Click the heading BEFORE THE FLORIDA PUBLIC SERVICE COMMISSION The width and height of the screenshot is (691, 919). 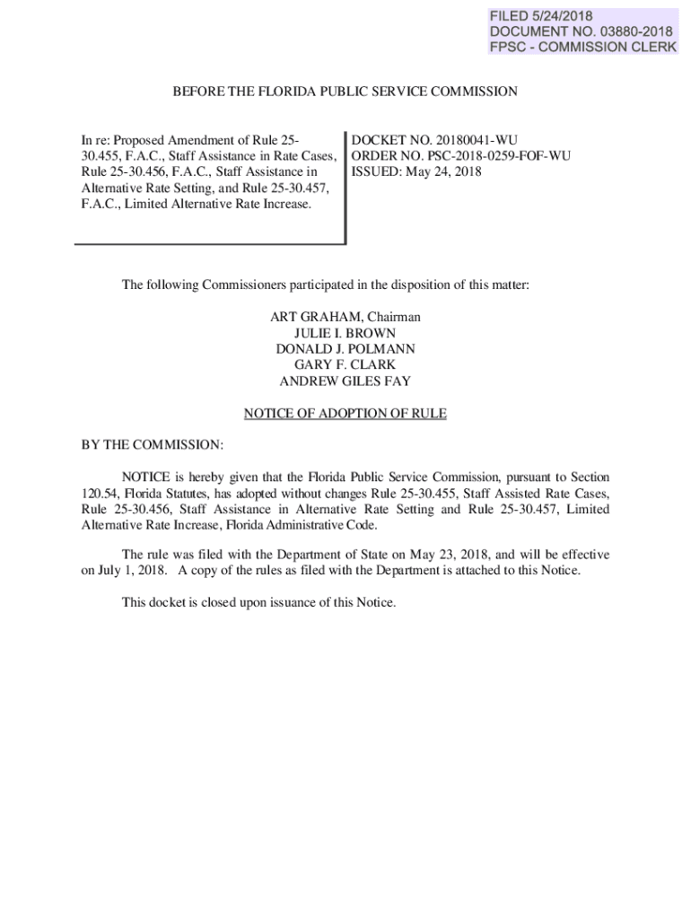click(x=345, y=92)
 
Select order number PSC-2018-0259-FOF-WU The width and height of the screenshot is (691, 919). click(x=494, y=156)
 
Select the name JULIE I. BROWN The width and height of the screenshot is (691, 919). click(x=345, y=333)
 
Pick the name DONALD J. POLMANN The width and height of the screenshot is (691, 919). click(x=345, y=349)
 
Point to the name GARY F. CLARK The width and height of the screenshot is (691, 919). click(x=345, y=365)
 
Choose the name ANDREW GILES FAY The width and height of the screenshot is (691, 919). click(x=345, y=381)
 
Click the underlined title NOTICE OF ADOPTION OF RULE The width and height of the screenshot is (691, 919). click(x=345, y=414)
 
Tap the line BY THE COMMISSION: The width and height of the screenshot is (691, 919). click(x=152, y=445)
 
